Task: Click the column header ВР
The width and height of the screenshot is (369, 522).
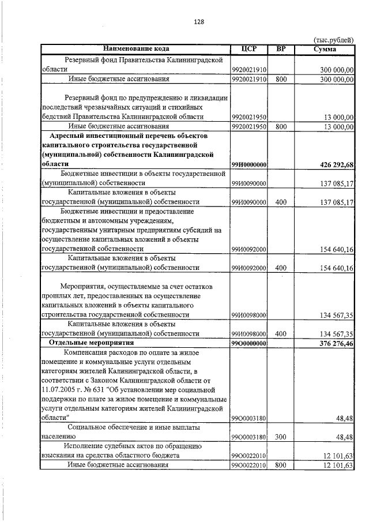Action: [x=281, y=48]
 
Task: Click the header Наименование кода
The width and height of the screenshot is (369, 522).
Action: [x=137, y=48]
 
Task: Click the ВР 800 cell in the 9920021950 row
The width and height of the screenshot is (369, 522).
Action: [x=281, y=126]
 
